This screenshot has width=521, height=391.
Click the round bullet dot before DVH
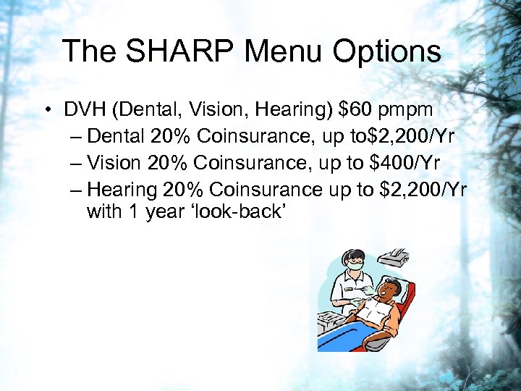point(46,111)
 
